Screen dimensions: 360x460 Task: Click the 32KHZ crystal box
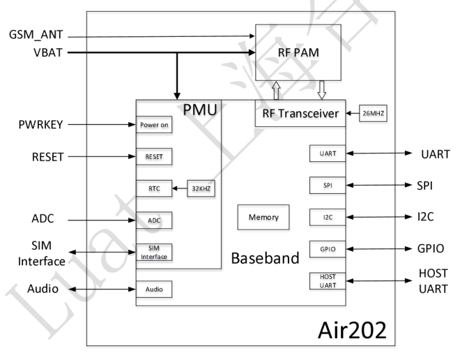200,188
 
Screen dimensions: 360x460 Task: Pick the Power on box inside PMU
154,126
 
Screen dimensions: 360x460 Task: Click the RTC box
154,188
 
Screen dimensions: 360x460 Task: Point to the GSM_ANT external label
36,35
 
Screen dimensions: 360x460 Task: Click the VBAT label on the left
24,52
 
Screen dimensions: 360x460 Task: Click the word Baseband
265,259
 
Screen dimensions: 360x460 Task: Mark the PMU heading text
200,110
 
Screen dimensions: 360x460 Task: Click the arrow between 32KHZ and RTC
179,188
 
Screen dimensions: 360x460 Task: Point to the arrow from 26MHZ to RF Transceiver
351,113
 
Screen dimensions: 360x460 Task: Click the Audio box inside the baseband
154,288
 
